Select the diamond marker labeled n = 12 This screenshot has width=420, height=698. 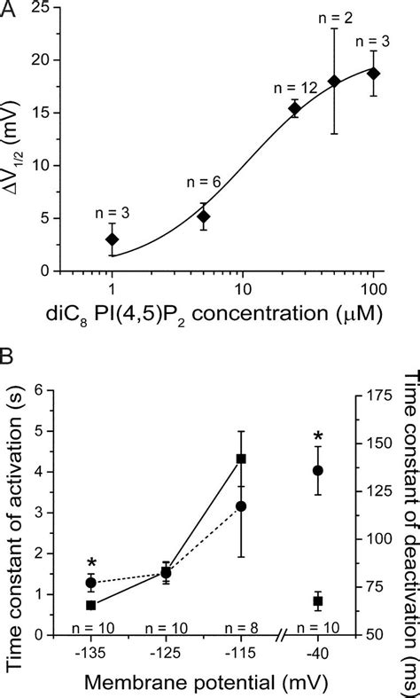[x=294, y=108]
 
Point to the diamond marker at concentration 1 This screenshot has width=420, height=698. [x=112, y=239]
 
